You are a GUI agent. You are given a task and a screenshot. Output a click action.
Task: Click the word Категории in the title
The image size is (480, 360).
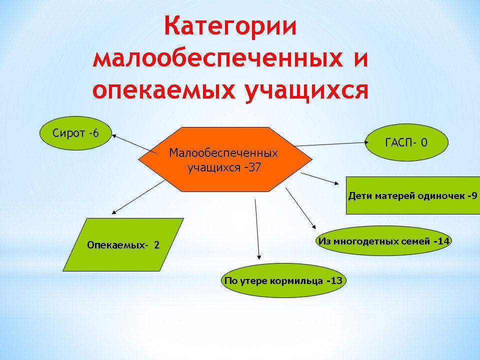click(230, 27)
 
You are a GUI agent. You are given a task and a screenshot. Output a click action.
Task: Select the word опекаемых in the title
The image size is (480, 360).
click(164, 90)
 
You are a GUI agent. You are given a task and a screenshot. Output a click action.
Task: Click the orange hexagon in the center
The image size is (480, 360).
click(225, 159)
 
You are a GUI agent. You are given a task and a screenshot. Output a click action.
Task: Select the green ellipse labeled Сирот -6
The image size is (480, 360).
click(75, 133)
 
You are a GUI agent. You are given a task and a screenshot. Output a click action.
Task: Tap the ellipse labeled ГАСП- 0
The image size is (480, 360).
click(406, 142)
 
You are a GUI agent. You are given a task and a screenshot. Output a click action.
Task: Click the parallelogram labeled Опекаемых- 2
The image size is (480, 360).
click(123, 244)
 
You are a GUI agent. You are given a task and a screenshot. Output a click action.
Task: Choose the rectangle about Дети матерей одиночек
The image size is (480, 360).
click(413, 195)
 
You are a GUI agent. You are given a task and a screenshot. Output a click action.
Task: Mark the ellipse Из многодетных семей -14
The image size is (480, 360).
click(384, 241)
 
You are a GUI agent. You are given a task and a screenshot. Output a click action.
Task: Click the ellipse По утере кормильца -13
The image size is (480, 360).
click(283, 280)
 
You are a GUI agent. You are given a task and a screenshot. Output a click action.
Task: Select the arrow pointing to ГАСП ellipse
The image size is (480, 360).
click(331, 144)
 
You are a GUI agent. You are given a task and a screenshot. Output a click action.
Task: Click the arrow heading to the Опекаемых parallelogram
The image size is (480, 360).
click(138, 197)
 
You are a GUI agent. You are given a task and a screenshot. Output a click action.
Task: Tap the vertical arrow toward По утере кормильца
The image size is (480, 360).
click(257, 229)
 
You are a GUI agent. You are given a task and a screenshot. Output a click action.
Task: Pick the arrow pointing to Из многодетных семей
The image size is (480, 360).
click(301, 208)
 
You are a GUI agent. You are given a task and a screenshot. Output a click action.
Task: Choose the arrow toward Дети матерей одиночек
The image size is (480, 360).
click(320, 178)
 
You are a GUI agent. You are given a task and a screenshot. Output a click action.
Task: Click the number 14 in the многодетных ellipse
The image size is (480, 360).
click(443, 241)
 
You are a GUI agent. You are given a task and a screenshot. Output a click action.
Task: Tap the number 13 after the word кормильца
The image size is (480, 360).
click(336, 280)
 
